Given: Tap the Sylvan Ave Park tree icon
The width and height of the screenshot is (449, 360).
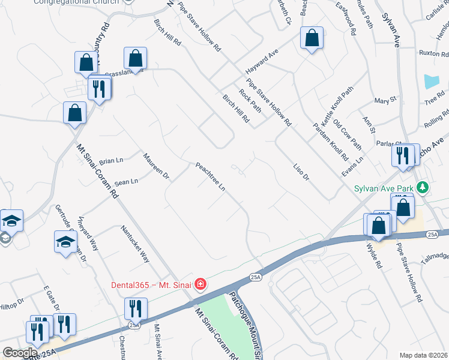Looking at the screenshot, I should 424,188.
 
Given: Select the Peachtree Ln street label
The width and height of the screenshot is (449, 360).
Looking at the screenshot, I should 210,177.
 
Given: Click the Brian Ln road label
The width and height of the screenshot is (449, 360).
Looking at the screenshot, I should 111,161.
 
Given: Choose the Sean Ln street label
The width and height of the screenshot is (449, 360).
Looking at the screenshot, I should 126,181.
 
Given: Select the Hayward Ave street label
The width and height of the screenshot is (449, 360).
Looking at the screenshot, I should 262,62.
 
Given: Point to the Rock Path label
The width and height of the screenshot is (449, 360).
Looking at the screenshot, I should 250,101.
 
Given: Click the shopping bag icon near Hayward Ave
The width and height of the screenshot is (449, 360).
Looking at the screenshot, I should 312,38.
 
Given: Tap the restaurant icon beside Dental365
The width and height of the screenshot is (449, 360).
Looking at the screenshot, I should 136,308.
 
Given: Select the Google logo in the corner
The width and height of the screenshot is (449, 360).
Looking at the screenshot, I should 19,353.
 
